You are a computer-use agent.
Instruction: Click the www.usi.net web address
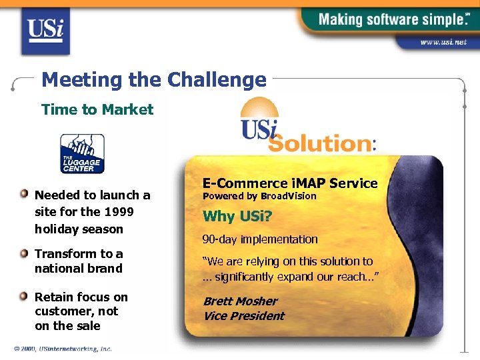[443, 42]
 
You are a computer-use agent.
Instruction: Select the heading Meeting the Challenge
[154, 80]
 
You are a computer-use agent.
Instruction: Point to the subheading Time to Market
[97, 109]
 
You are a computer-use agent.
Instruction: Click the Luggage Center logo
[82, 153]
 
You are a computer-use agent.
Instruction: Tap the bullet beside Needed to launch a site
[25, 195]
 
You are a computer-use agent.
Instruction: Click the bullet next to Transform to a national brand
[25, 253]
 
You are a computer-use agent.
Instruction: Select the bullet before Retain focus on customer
[25, 297]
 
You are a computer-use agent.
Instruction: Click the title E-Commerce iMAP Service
[290, 183]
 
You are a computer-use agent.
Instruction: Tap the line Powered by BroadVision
[259, 197]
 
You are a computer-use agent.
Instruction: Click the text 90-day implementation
[260, 239]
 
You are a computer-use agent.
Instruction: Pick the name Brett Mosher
[240, 301]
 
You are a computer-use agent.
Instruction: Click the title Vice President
[243, 316]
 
